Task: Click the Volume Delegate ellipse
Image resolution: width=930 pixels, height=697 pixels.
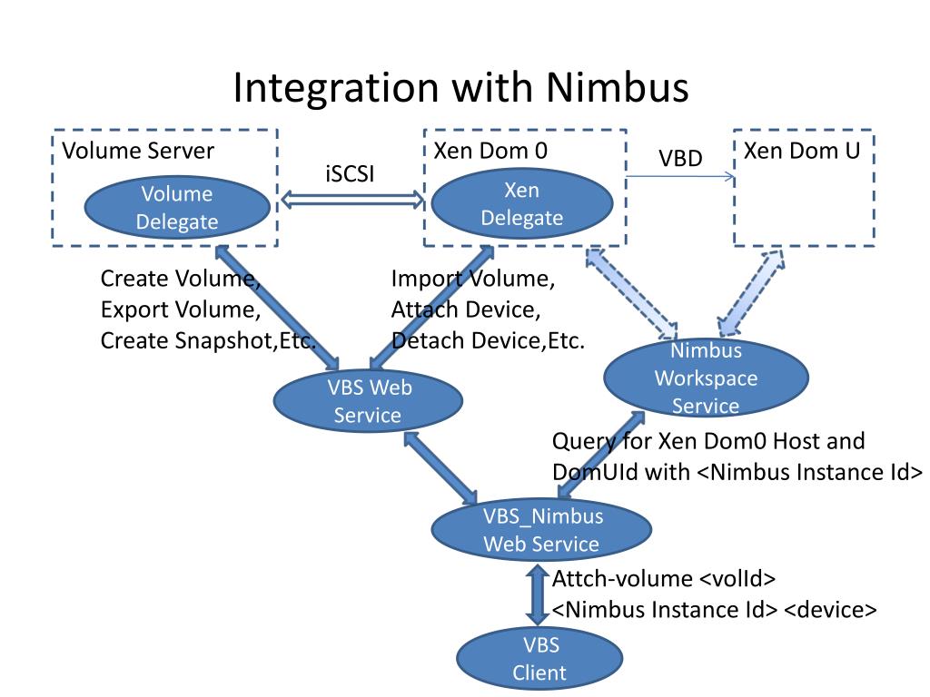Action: tap(177, 208)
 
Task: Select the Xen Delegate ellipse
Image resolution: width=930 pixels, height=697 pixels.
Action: tap(522, 204)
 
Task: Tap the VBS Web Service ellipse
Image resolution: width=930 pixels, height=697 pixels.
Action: tap(368, 401)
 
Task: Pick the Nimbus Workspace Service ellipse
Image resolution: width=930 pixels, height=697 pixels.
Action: tap(706, 378)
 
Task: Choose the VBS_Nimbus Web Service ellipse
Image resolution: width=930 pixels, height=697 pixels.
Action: tap(541, 530)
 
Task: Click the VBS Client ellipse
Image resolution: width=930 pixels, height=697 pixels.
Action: tap(539, 659)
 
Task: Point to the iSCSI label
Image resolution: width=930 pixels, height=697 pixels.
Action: tap(350, 173)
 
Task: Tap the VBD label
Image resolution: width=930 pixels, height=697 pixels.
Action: tap(680, 158)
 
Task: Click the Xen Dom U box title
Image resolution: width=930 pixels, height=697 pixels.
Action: tap(802, 151)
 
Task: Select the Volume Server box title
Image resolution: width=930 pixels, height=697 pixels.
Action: tap(138, 151)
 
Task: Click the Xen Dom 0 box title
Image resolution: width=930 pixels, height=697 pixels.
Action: tap(490, 151)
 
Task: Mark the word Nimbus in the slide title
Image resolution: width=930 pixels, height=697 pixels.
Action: tap(617, 87)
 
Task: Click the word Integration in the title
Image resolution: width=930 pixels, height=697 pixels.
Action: tap(336, 89)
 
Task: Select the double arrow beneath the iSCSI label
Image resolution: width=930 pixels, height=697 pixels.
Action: tap(352, 201)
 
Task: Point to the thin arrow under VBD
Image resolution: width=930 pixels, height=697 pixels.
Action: tap(681, 176)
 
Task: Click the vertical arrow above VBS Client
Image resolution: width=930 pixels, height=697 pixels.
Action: tap(538, 594)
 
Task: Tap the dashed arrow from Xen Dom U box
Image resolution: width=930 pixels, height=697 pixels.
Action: tap(751, 293)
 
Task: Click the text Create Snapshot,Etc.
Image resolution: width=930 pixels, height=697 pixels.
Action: tap(208, 341)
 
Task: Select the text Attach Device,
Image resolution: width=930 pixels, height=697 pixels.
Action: tap(466, 309)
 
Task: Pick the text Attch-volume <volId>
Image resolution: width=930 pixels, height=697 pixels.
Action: tap(664, 578)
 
